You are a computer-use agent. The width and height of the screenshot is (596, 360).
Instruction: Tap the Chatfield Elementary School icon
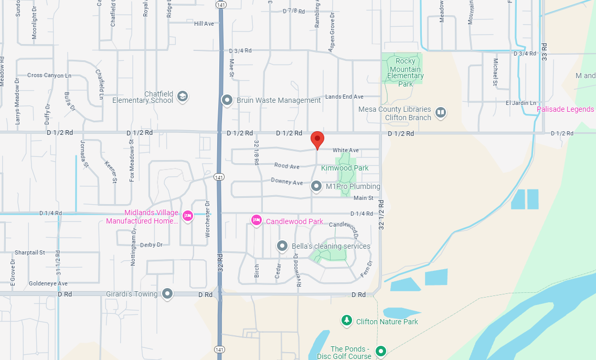tap(183, 96)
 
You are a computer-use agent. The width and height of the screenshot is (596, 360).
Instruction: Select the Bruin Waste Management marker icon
tap(227, 100)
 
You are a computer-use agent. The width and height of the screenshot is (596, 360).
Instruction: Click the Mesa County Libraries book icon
tap(441, 112)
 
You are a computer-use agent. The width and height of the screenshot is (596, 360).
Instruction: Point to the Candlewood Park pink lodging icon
tap(256, 220)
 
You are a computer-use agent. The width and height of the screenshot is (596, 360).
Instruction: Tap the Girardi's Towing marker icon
tap(167, 294)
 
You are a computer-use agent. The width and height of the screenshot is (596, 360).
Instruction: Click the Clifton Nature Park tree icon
tap(346, 320)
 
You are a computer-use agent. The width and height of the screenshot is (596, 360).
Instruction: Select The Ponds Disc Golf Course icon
tap(381, 351)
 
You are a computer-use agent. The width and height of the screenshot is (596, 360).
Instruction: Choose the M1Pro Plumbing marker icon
tap(316, 186)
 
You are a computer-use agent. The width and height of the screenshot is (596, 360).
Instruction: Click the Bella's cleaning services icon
tap(282, 246)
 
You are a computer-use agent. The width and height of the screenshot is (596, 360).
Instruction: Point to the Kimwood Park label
tap(345, 168)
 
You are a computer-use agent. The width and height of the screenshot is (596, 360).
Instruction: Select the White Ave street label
tap(345, 151)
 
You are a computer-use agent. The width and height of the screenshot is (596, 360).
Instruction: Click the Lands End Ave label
tap(344, 97)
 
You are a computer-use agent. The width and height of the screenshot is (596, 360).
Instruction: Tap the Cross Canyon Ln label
tap(49, 76)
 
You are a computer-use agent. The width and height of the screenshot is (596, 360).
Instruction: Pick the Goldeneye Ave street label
tap(48, 283)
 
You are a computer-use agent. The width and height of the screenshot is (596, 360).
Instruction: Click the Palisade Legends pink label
tap(566, 109)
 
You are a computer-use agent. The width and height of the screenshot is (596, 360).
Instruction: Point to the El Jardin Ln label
tap(521, 103)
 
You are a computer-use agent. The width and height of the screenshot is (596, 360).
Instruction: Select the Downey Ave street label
tap(287, 182)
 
